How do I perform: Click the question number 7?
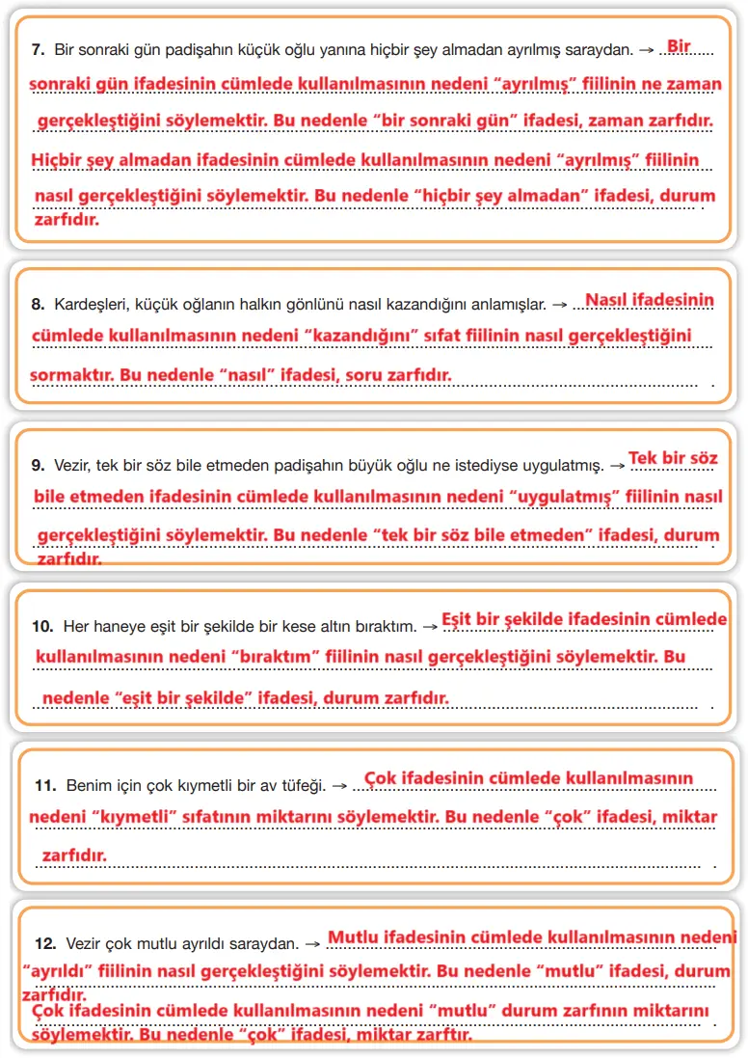click(x=39, y=48)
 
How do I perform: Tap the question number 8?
click(x=39, y=305)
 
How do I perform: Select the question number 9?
click(x=39, y=465)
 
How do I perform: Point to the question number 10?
click(x=42, y=626)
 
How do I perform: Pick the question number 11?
click(x=42, y=785)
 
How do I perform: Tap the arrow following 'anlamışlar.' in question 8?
click(x=558, y=305)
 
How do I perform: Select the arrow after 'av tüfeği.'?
click(x=338, y=785)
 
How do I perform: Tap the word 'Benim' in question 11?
click(x=88, y=785)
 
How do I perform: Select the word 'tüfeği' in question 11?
click(x=302, y=785)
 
